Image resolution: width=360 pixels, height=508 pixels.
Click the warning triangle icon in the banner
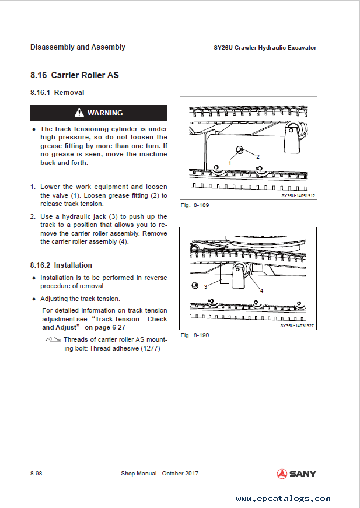coord(79,113)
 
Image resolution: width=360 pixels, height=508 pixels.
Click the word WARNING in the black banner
coord(105,113)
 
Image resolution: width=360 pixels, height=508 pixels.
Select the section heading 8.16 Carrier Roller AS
coord(75,75)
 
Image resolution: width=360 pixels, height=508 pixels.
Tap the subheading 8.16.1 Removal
coord(57,93)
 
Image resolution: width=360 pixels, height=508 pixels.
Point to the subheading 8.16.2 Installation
coord(61,265)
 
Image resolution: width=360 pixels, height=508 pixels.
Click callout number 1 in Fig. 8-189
coord(229,163)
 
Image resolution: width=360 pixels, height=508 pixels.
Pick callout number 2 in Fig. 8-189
coord(257,156)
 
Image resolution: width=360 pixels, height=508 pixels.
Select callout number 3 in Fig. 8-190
coord(205,286)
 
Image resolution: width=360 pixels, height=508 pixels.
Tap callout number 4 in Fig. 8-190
coord(261,290)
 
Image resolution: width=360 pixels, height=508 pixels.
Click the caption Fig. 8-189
coord(195,205)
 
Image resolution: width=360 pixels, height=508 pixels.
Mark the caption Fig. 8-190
coord(195,335)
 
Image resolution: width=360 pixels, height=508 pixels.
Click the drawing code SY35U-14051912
coord(298,196)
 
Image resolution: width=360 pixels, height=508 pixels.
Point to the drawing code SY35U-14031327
coord(298,326)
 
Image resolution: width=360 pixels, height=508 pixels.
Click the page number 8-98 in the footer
coord(36,473)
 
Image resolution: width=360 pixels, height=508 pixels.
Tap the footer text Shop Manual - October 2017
coord(159,473)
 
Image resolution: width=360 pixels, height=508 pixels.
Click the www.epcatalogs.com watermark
coord(283,499)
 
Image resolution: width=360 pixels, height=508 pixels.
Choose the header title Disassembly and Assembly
coord(78,47)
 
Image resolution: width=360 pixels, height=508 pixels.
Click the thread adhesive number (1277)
coord(150,348)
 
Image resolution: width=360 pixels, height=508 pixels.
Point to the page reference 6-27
coord(159,328)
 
